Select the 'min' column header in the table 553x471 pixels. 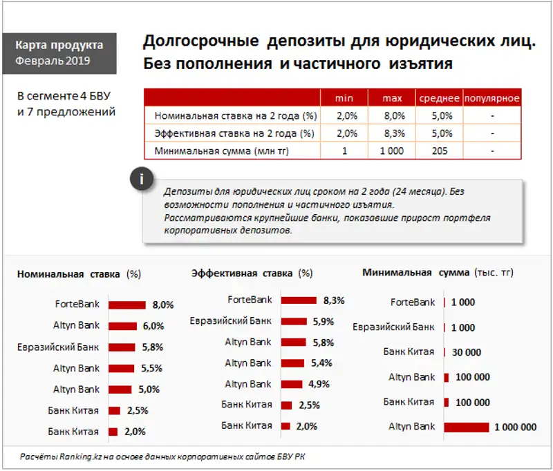pyautogui.click(x=344, y=98)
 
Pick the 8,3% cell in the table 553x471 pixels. pyautogui.click(x=392, y=133)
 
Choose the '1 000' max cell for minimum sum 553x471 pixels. pyautogui.click(x=392, y=151)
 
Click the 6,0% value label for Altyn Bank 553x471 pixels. pyautogui.click(x=153, y=326)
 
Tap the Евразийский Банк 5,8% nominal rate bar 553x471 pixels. pyautogui.click(x=122, y=347)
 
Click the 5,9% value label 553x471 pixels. pyautogui.click(x=323, y=322)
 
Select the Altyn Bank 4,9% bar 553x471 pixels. pyautogui.click(x=292, y=385)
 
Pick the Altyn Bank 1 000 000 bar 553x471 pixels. pyautogui.click(x=467, y=427)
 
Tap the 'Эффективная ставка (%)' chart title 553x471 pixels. pyautogui.click(x=252, y=273)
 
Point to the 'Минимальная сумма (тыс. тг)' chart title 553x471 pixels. pyautogui.click(x=438, y=272)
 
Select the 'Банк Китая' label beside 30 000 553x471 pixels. pyautogui.click(x=409, y=352)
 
